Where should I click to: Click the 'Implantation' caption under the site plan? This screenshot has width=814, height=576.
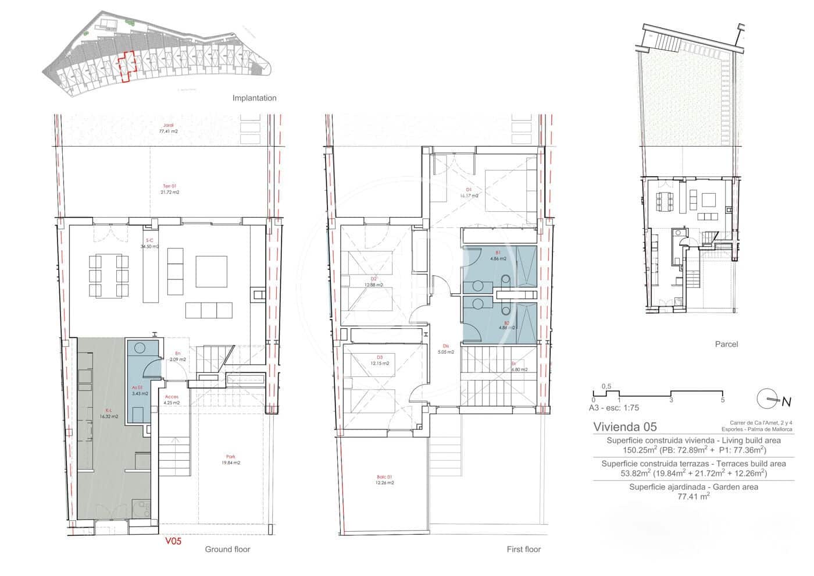tap(254, 98)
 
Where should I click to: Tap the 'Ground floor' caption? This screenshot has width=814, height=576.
tap(227, 549)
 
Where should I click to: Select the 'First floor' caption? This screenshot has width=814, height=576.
tap(523, 549)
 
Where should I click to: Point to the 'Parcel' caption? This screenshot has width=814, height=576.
tap(726, 344)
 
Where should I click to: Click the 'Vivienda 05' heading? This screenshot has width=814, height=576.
tap(624, 426)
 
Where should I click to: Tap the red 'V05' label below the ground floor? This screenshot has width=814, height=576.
tap(173, 541)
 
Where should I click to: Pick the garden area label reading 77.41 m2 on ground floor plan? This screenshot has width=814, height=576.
tap(169, 131)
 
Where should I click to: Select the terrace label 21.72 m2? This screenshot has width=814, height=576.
tap(170, 192)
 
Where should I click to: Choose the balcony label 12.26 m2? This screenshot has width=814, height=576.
tap(384, 482)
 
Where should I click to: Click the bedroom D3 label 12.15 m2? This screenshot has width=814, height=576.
tap(379, 363)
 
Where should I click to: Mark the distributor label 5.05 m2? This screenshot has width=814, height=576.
tap(446, 352)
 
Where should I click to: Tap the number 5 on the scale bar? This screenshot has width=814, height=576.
tap(722, 400)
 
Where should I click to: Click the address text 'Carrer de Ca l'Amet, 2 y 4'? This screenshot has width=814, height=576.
tap(761, 423)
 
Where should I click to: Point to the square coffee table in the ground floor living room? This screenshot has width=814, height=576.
tap(212, 272)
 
